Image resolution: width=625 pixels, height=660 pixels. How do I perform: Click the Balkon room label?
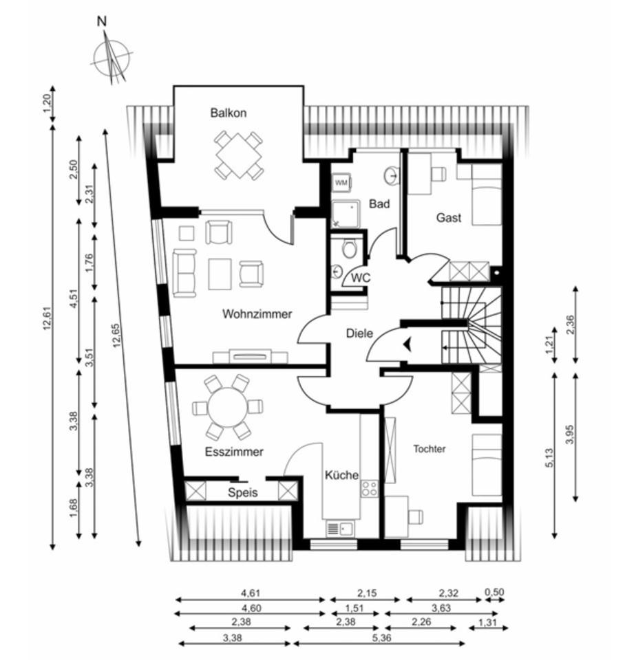229,113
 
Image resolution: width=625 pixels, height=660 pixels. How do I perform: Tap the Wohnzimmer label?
257,314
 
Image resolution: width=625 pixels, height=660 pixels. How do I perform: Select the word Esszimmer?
234,452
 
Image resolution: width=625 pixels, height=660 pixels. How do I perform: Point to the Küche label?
341,475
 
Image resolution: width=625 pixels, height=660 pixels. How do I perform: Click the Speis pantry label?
242,492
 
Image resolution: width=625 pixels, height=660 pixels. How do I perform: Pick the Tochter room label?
430,449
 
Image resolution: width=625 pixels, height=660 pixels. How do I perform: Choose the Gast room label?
448,218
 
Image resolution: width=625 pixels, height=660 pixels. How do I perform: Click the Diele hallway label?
359,333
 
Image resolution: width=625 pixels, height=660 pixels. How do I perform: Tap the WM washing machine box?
341,184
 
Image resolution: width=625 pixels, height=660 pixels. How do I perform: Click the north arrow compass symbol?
112,56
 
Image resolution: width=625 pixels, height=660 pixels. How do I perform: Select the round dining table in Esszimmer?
228,408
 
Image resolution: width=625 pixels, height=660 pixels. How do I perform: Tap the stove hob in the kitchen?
370,488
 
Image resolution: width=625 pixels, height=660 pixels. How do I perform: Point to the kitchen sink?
340,528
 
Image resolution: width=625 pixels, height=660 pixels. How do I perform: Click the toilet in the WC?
350,249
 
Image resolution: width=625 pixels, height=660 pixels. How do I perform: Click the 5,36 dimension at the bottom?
380,637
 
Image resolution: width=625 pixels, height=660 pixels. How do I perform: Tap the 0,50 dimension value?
494,593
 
